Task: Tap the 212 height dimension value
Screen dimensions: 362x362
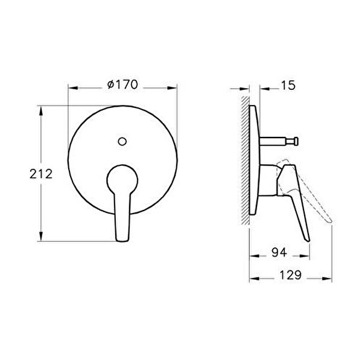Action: [x=41, y=174]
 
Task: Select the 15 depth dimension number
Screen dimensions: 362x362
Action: [x=288, y=86]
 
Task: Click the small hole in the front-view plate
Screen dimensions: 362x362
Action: [x=122, y=142]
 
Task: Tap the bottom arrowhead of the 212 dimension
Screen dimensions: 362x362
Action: [x=40, y=238]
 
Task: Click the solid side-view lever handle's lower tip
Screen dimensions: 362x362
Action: [x=306, y=238]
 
